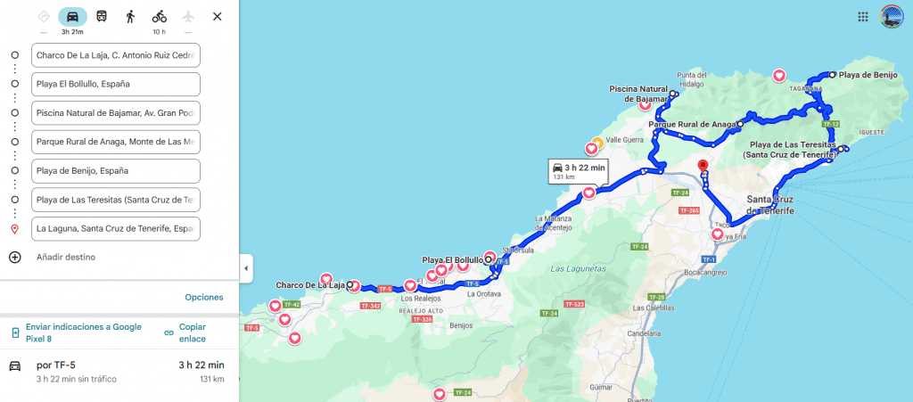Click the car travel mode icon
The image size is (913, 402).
click(x=72, y=16)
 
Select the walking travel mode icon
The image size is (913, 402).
click(x=130, y=16)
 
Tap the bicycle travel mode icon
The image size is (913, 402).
click(x=159, y=16)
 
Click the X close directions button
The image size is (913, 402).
click(x=218, y=16)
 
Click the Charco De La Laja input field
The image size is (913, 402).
click(x=115, y=55)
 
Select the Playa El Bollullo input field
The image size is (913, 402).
click(x=115, y=84)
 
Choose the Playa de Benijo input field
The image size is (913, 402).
click(x=115, y=170)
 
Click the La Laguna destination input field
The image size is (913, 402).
click(x=115, y=228)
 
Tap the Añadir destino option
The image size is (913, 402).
click(x=66, y=258)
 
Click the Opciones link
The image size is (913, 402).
click(x=204, y=297)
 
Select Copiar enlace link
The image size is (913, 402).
click(x=192, y=332)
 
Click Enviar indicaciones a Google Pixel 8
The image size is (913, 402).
click(x=83, y=332)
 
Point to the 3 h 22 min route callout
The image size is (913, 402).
click(x=578, y=170)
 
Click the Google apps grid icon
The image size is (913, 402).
click(x=863, y=16)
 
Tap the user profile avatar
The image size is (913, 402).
click(x=892, y=16)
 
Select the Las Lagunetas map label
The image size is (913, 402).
click(x=579, y=268)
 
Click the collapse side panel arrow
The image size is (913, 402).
click(x=247, y=267)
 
